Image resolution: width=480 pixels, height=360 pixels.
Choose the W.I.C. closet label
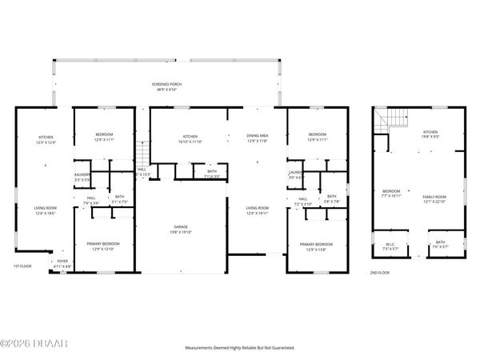pyautogui.click(x=390, y=246)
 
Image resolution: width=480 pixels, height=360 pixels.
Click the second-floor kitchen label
pyautogui.click(x=430, y=134)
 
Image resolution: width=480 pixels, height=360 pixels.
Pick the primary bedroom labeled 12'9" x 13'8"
pyautogui.click(x=317, y=246)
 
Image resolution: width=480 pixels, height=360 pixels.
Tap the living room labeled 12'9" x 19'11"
pyautogui.click(x=257, y=210)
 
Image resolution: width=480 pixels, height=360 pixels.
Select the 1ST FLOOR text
pyautogui.click(x=22, y=266)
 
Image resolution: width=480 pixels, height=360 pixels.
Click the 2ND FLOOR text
pyautogui.click(x=379, y=273)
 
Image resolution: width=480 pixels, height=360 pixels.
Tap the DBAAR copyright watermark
pyautogui.click(x=24, y=346)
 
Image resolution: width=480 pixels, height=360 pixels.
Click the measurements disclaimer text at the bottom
pyautogui.click(x=240, y=348)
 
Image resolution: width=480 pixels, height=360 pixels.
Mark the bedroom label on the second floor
pyautogui.click(x=391, y=193)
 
